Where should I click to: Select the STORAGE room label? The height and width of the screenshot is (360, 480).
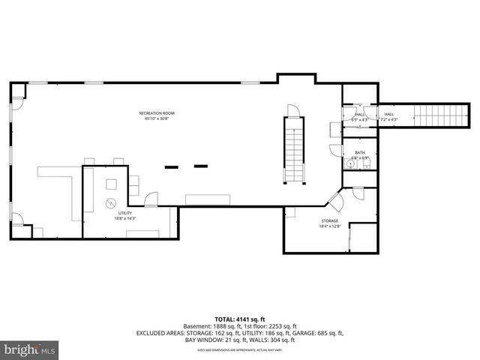[330, 221]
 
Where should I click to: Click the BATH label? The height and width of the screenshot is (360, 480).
[360, 152]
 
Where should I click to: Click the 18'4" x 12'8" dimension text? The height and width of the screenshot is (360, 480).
[330, 226]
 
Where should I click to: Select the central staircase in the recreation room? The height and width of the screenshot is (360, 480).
[293, 150]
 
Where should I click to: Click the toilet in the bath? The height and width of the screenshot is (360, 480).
[366, 166]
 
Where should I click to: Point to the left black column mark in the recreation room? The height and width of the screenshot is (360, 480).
[171, 166]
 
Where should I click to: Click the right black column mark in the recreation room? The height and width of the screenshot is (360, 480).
[200, 166]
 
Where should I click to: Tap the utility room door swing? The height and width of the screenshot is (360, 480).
[152, 199]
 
